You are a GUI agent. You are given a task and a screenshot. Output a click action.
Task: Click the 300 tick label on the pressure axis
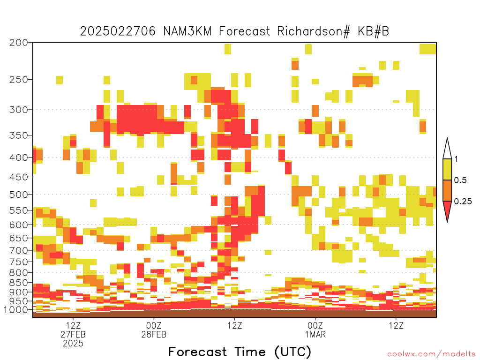19,110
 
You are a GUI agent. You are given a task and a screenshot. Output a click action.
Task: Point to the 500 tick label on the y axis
19,195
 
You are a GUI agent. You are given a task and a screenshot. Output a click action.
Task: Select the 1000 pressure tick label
16,309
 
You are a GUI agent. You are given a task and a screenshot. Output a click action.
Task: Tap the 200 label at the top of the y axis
19,43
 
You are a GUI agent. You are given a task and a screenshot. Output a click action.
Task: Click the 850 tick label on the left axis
19,283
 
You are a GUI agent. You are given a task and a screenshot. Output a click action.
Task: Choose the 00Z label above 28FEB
154,325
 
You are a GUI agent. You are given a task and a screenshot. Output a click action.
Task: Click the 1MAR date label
315,334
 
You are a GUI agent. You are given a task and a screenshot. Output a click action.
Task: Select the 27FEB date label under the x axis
73,334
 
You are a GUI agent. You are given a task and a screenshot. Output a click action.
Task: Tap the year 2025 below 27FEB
73,344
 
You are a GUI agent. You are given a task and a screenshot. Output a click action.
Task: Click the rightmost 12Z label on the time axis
396,325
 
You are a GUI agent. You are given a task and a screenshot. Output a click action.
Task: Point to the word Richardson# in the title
314,31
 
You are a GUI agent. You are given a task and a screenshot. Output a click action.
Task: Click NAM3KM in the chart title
187,31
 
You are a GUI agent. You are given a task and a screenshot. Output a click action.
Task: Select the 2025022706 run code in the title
118,31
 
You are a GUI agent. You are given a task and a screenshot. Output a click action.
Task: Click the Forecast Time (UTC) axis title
240,352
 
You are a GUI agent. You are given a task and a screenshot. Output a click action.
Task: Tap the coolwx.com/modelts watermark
431,354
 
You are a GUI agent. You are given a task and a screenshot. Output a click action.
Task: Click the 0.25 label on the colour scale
463,202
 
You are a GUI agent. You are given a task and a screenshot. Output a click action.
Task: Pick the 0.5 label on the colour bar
460,180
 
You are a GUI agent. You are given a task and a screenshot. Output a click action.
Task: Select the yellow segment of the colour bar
447,169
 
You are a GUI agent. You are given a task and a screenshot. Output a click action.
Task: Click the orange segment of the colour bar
447,190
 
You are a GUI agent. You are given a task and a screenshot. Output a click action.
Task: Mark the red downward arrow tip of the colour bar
447,222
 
